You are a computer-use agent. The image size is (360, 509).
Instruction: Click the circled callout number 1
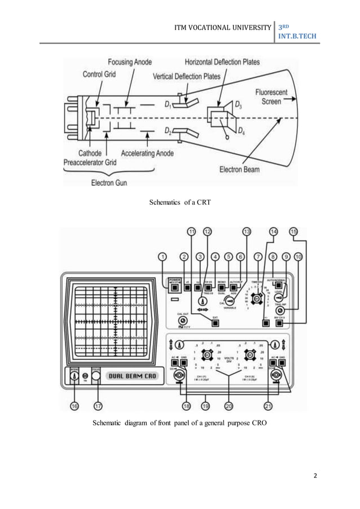(163, 257)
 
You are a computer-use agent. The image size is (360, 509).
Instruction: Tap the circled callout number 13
(246, 231)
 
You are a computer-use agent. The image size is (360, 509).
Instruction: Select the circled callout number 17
(99, 405)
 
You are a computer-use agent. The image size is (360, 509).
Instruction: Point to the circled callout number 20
(229, 405)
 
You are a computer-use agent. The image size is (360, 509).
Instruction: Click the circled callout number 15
(293, 231)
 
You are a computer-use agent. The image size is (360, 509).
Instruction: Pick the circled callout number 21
(269, 405)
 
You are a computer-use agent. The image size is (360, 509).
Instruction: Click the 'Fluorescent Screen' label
(271, 96)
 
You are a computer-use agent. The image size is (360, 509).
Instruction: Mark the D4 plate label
(241, 131)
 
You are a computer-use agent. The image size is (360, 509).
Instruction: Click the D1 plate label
(168, 104)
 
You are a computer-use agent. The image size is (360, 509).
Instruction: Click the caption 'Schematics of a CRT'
(179, 201)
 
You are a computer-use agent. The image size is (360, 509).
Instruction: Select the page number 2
(315, 475)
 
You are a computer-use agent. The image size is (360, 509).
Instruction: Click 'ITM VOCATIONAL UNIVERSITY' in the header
(229, 26)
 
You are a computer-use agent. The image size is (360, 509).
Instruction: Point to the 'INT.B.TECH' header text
(297, 37)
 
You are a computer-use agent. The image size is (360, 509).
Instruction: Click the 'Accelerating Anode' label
(148, 153)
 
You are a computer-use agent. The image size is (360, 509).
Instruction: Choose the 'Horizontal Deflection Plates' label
(222, 62)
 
